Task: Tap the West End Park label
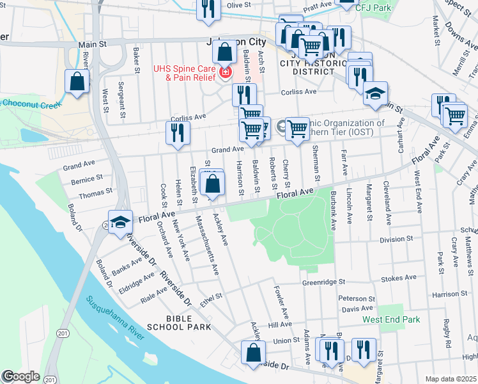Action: click(x=391, y=319)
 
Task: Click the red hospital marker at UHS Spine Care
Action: click(x=224, y=73)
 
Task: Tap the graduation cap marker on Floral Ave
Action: click(x=120, y=222)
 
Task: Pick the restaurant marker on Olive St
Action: click(x=208, y=8)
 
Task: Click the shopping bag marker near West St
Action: click(x=77, y=82)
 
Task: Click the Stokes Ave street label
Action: click(x=397, y=278)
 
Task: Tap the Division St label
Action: click(x=396, y=240)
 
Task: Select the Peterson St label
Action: click(x=356, y=299)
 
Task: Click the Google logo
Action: click(x=20, y=376)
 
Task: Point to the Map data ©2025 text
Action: click(x=450, y=379)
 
